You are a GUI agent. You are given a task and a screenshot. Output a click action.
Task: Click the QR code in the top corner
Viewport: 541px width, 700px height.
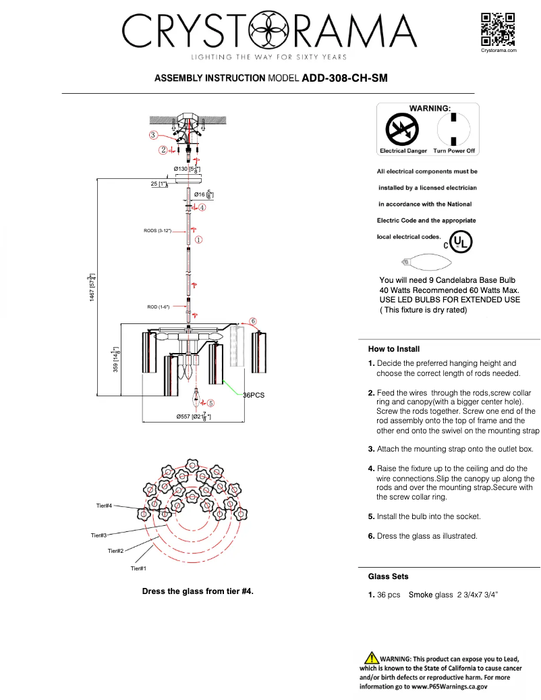pyautogui.click(x=498, y=29)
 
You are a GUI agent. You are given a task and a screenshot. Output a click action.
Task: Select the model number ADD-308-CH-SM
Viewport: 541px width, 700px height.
pyautogui.click(x=345, y=78)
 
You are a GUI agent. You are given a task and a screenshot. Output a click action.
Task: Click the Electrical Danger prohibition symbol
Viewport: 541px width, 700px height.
pyautogui.click(x=402, y=129)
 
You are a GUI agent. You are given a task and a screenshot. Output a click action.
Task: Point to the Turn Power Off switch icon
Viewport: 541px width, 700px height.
pyautogui.click(x=454, y=129)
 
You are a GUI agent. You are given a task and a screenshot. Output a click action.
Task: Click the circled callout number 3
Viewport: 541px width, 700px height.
pyautogui.click(x=154, y=135)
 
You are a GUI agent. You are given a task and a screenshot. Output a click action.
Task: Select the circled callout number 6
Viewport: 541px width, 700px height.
pyautogui.click(x=253, y=321)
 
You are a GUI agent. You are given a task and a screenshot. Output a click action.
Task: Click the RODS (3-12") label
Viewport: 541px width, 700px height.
pyautogui.click(x=158, y=231)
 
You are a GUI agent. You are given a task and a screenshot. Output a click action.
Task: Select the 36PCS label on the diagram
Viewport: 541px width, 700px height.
pyautogui.click(x=254, y=395)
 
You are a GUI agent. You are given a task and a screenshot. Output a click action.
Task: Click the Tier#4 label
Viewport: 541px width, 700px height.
pyautogui.click(x=104, y=505)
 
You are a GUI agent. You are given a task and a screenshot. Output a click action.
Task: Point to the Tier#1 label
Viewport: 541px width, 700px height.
pyautogui.click(x=138, y=568)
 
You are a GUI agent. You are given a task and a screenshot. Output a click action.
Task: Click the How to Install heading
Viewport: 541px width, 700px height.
pyautogui.click(x=394, y=349)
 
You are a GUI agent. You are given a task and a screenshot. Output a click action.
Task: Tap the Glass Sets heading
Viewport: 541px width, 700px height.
pyautogui.click(x=388, y=576)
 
